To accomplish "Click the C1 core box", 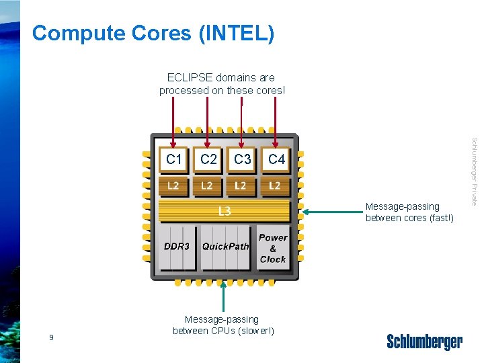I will click(173, 160).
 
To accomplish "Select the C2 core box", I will click(208, 160).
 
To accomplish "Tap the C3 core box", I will click(242, 160).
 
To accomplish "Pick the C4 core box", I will click(276, 160).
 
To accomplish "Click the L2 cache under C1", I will click(173, 186).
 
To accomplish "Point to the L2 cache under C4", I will click(275, 186).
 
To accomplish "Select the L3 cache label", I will click(225, 212).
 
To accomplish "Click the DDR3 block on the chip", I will click(177, 247).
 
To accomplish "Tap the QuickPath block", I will click(225, 247).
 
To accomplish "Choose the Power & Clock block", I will click(272, 248).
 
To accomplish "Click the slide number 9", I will click(51, 337).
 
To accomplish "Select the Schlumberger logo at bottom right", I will click(424, 341).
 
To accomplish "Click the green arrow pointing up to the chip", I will click(223, 296).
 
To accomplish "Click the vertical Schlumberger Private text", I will click(474, 171).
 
